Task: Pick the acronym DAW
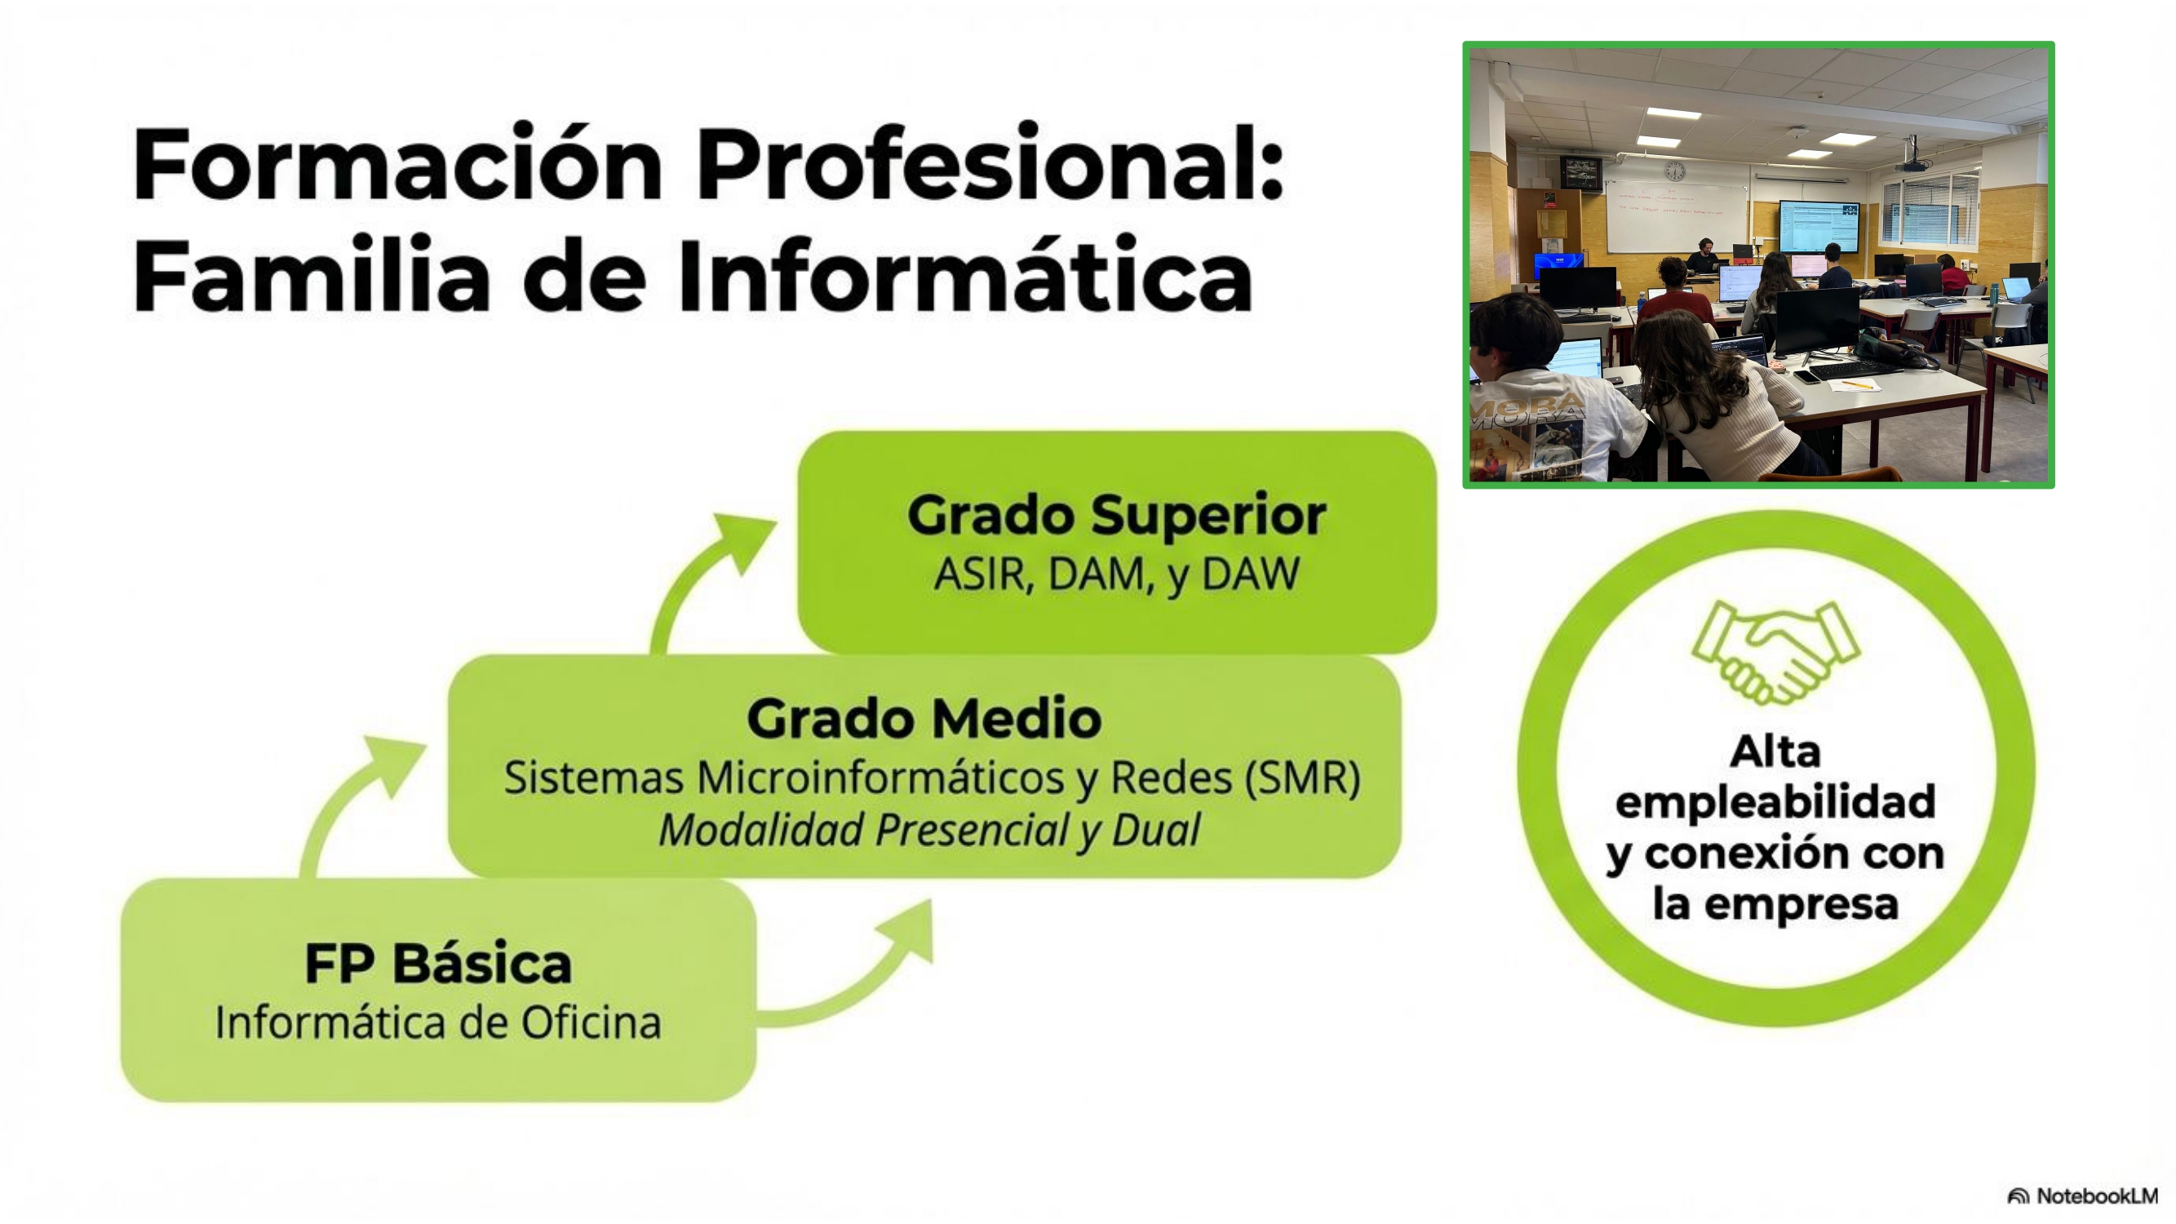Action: [x=1250, y=574]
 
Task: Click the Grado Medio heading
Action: [x=924, y=719]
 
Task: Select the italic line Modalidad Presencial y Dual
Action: [x=929, y=830]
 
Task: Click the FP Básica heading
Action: [x=437, y=964]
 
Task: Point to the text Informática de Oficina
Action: [x=437, y=1022]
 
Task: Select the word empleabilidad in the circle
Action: [x=1775, y=802]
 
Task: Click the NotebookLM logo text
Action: [x=2097, y=1196]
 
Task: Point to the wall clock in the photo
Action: [x=1674, y=171]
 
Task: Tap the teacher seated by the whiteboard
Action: [x=1704, y=257]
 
